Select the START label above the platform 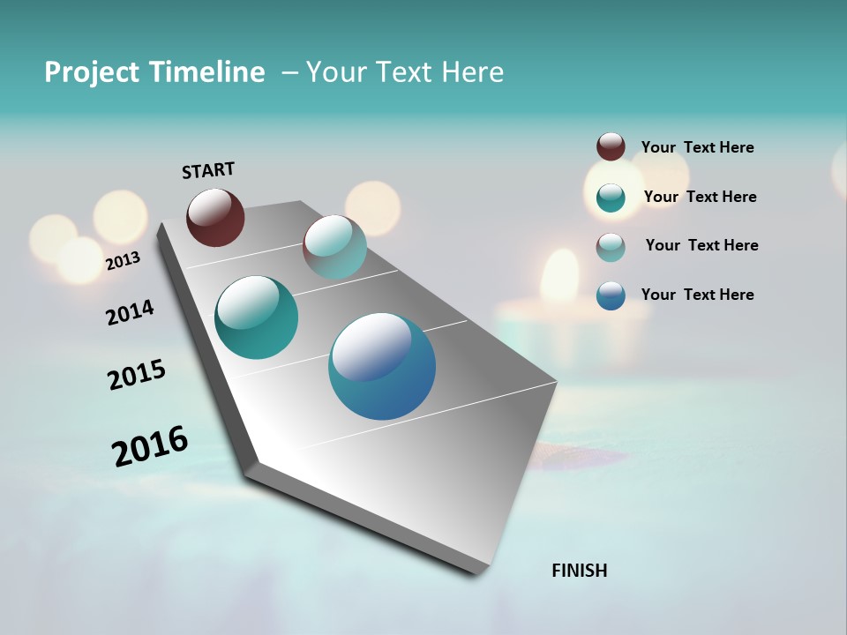tap(208, 170)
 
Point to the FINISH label tap(580, 571)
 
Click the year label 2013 tap(123, 261)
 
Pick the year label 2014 tap(130, 312)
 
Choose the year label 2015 tap(137, 375)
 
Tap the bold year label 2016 tap(150, 446)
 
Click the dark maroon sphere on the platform tap(215, 217)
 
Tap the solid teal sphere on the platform tap(257, 317)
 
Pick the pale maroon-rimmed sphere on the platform tap(334, 247)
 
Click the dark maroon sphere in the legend tap(611, 147)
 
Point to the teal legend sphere tap(611, 198)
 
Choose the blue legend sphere tap(611, 295)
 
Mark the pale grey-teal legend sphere tap(611, 246)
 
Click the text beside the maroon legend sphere tap(697, 147)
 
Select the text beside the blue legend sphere tap(697, 295)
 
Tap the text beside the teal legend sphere tap(700, 197)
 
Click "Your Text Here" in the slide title tap(405, 72)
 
